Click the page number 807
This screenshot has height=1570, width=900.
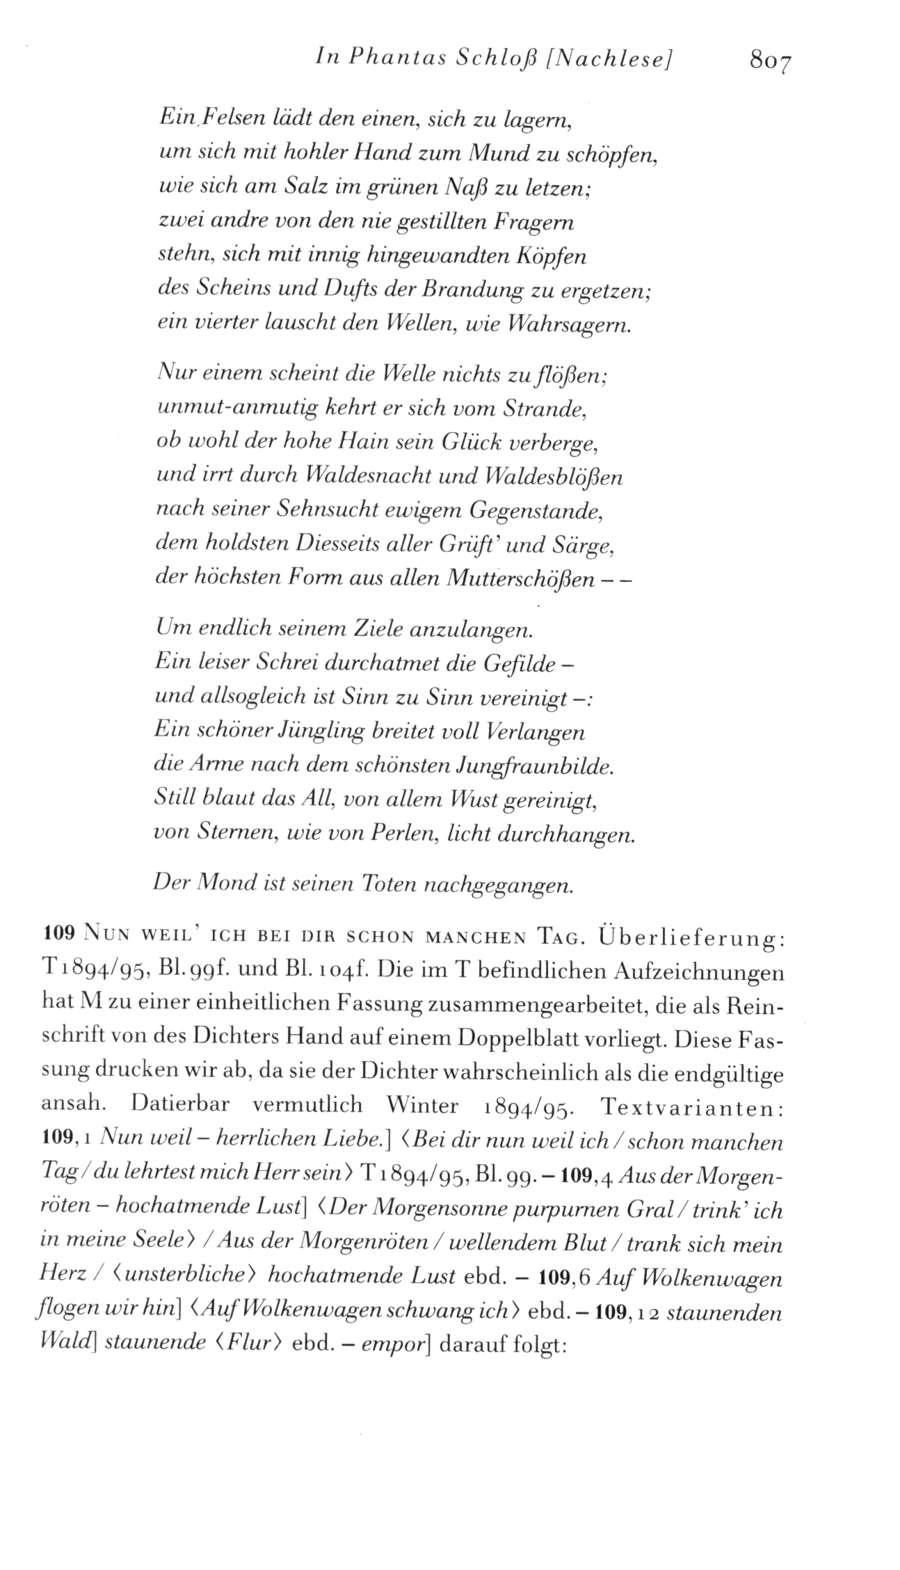coord(771,62)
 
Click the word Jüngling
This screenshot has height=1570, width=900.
coord(320,732)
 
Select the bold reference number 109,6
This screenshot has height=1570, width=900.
coord(564,1278)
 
